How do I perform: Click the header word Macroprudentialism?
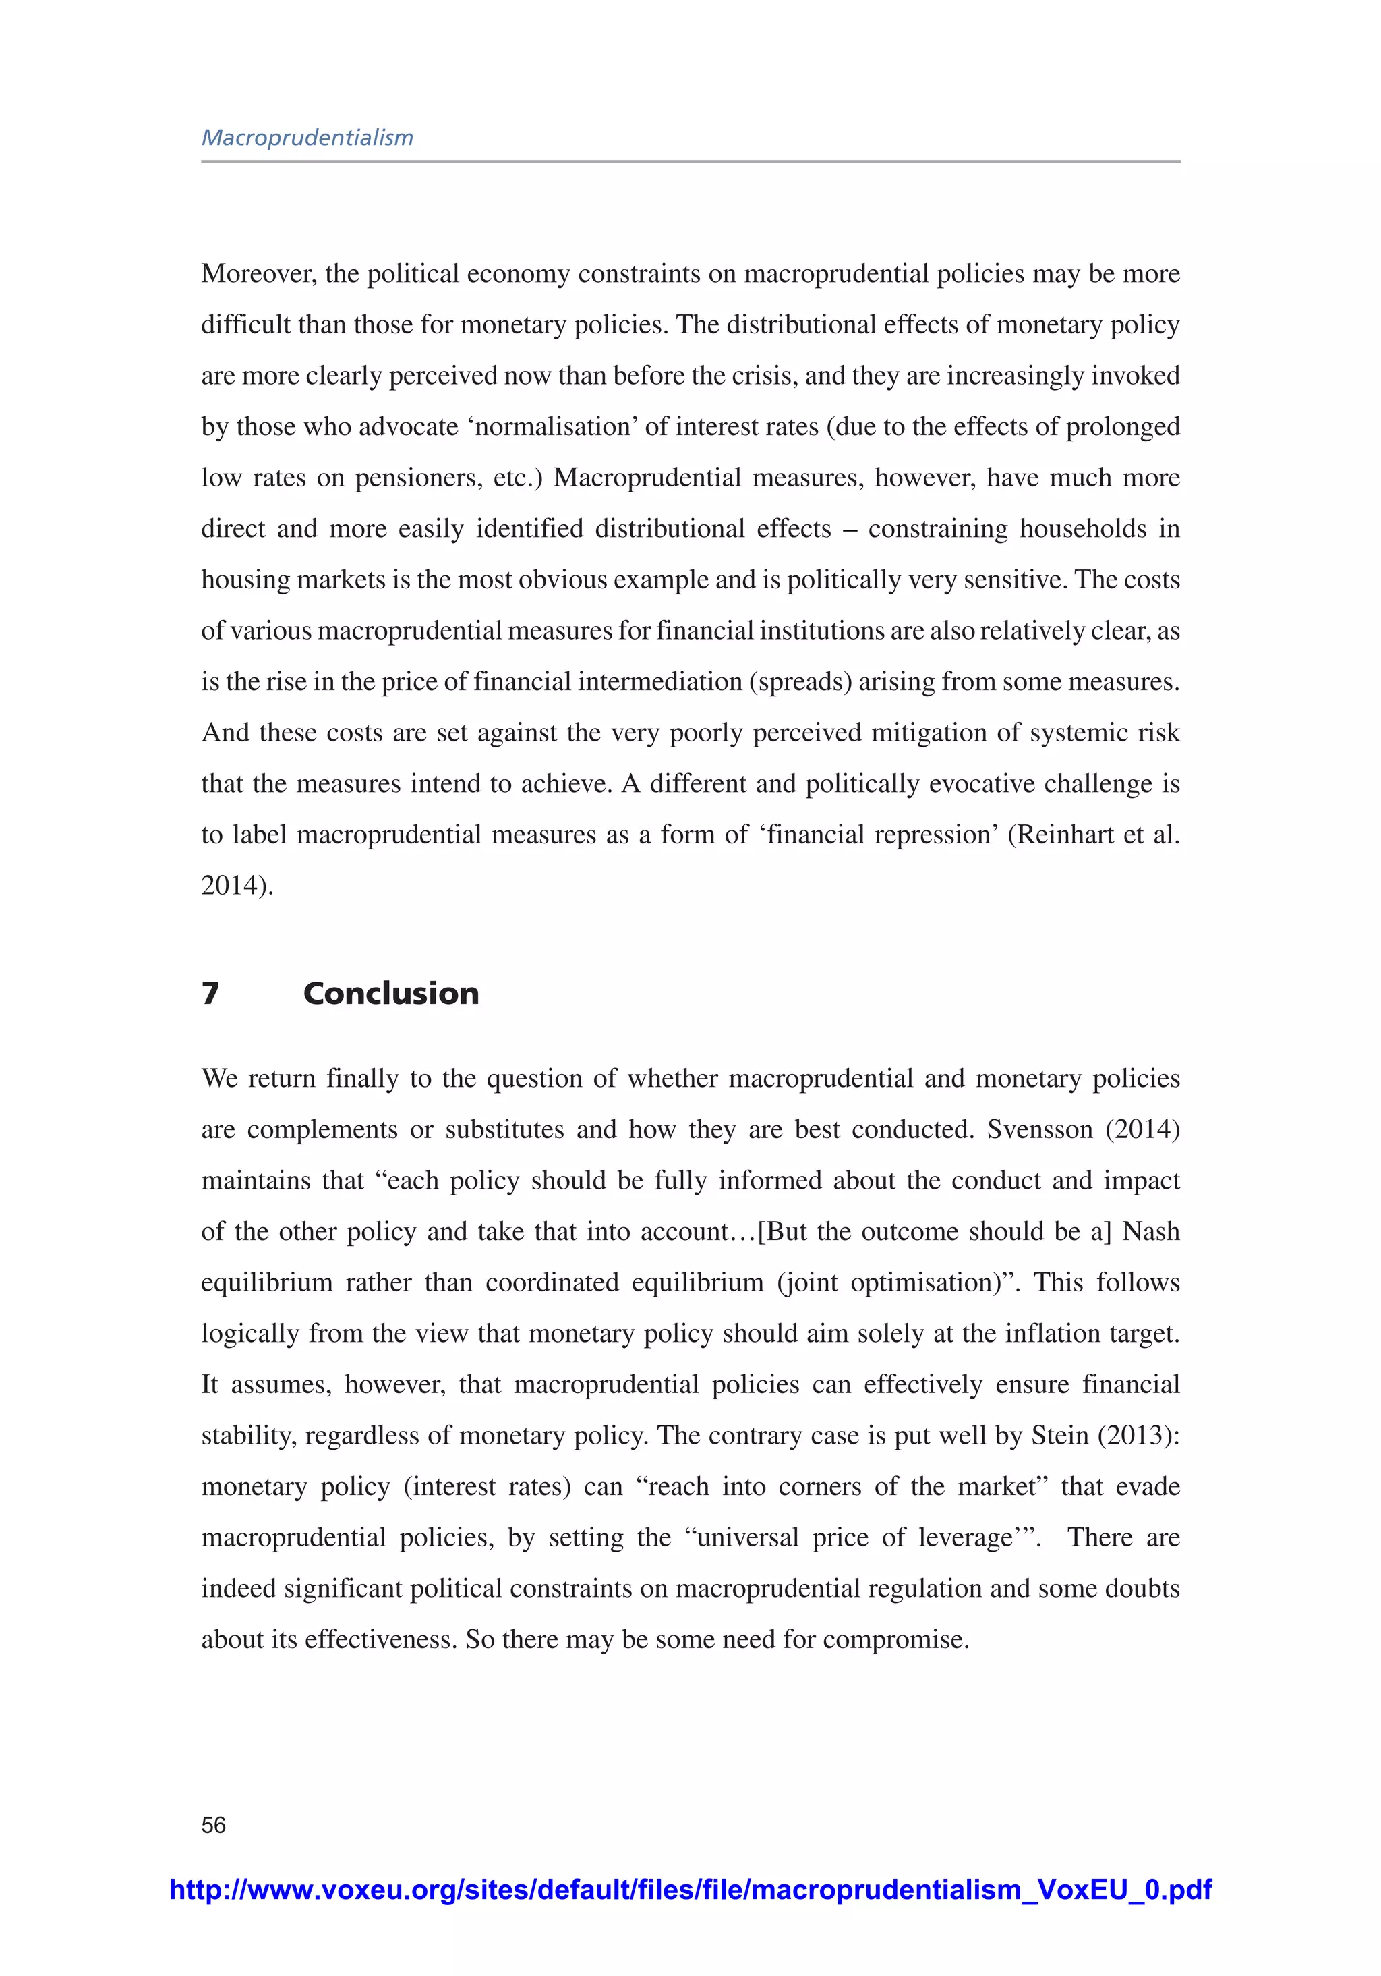(x=307, y=138)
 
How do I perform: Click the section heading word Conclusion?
(x=390, y=993)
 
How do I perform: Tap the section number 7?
(x=210, y=993)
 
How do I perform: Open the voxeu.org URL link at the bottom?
(x=690, y=1889)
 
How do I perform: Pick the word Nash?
(x=1150, y=1232)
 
